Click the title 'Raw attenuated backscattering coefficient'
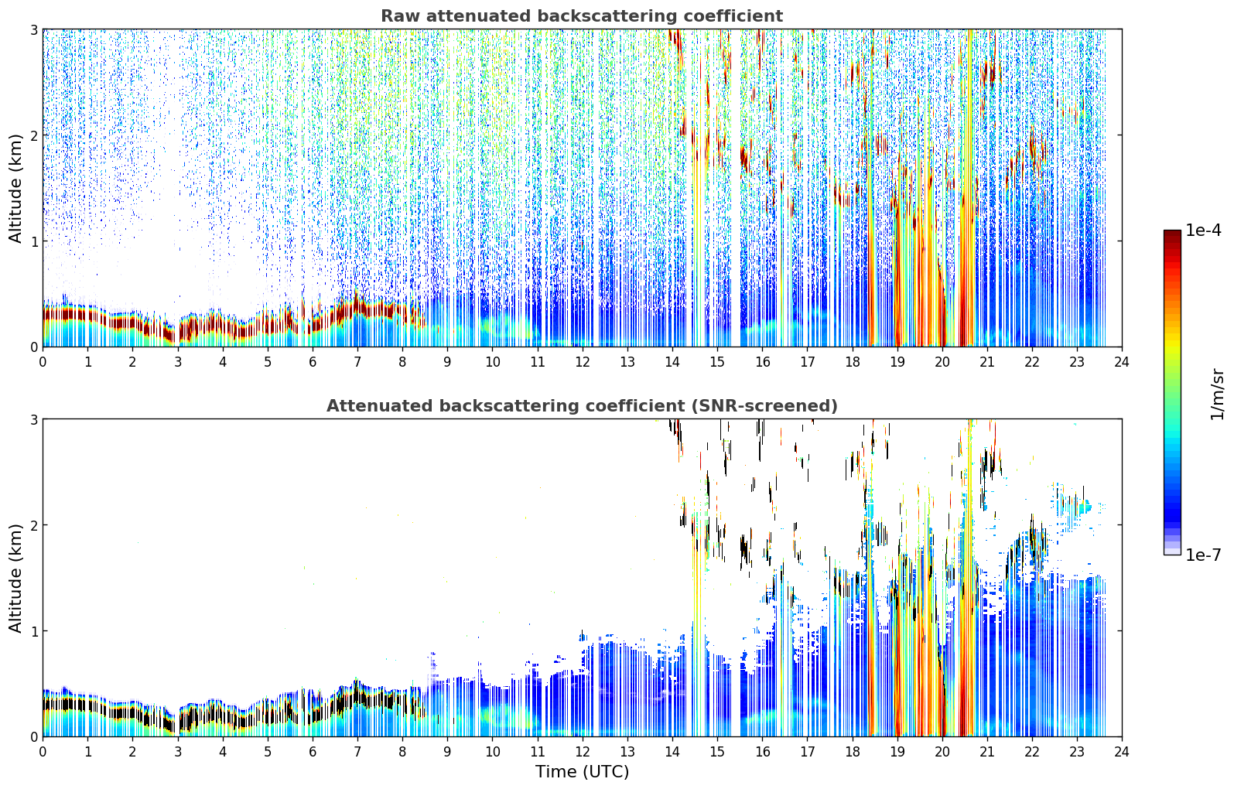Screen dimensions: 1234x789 pos(582,16)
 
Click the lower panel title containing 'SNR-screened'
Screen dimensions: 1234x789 pos(582,405)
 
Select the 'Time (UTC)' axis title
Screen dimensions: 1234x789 pos(582,772)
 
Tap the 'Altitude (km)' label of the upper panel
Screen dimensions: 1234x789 pos(15,189)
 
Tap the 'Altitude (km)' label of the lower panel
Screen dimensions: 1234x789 pos(15,578)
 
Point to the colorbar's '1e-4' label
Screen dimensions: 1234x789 pos(1203,231)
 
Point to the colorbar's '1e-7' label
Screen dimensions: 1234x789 pos(1203,555)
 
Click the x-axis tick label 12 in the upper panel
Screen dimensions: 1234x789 pos(583,362)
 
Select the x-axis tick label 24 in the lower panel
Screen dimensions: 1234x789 pos(1122,752)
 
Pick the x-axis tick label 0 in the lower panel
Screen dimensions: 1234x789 pos(43,752)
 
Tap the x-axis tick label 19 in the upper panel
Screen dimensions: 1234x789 pos(897,362)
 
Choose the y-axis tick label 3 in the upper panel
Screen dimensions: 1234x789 pos(33,29)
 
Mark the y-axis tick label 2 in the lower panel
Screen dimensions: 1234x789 pos(33,524)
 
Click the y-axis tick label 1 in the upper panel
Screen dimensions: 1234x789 pos(33,241)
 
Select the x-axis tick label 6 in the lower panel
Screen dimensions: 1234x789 pos(313,752)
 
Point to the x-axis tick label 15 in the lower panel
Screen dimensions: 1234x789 pos(716,752)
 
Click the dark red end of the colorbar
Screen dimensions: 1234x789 pos(1172,234)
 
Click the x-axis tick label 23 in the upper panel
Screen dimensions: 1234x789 pos(1076,362)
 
